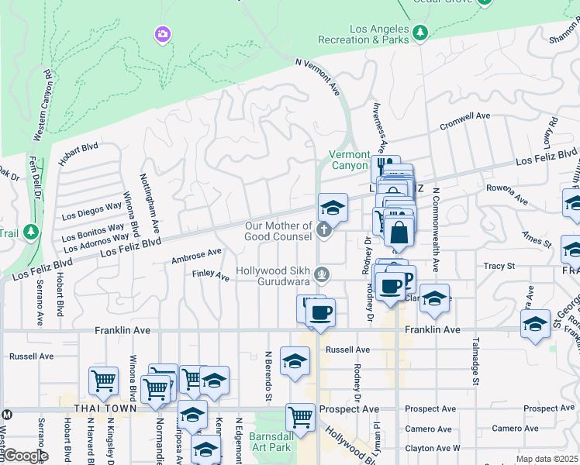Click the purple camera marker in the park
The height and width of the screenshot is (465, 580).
pyautogui.click(x=162, y=33)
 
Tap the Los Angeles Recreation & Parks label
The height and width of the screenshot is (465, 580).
pyautogui.click(x=368, y=34)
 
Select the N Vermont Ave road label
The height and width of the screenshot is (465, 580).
pyautogui.click(x=319, y=76)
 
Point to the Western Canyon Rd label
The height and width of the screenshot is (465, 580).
pyautogui.click(x=43, y=105)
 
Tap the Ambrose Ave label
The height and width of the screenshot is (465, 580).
pyautogui.click(x=197, y=254)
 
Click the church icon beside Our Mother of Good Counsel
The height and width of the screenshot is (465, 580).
pyautogui.click(x=323, y=230)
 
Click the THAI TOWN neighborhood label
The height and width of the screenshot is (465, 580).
pyautogui.click(x=105, y=408)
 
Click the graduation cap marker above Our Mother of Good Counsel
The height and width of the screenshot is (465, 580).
pyautogui.click(x=333, y=208)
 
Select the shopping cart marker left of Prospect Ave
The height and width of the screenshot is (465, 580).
pyautogui.click(x=299, y=417)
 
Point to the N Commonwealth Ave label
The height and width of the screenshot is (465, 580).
pyautogui.click(x=436, y=229)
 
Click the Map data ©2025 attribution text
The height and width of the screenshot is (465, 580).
pyautogui.click(x=546, y=459)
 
